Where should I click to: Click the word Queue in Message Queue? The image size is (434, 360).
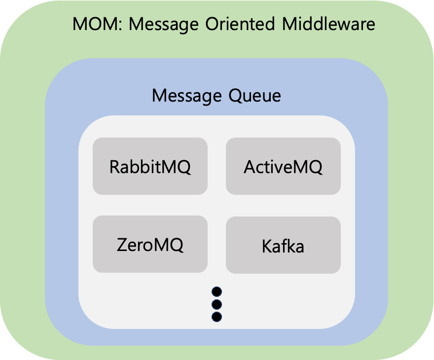point(254,95)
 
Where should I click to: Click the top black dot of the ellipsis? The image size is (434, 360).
point(217,291)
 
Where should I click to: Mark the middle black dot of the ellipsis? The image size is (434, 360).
point(217,304)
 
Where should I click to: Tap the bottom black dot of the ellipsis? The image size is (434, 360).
point(217,316)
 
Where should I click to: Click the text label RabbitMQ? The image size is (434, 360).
point(150,167)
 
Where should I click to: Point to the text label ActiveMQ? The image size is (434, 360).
point(283,167)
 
